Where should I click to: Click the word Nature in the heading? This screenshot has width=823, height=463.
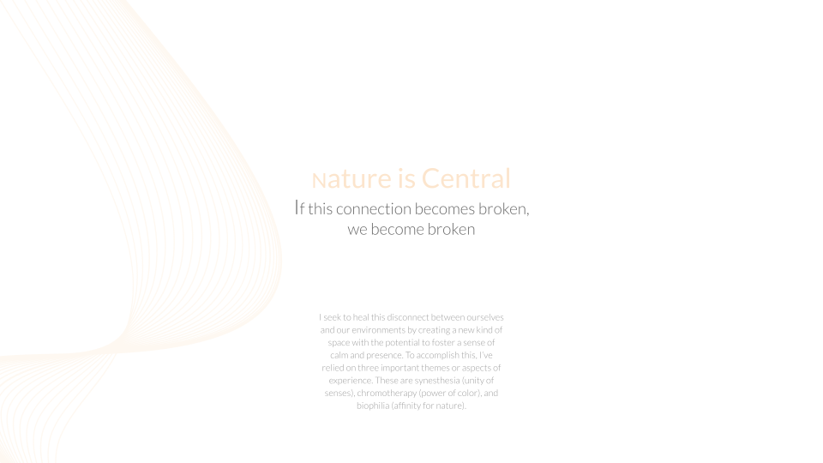coord(351,179)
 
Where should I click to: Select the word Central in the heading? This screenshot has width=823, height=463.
coord(466,178)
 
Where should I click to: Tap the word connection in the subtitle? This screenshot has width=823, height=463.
coord(374,209)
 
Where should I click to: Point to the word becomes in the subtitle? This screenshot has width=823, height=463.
coord(445,209)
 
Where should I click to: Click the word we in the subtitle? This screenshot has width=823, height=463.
coord(357,230)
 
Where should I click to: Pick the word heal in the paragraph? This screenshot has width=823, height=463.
coord(361,317)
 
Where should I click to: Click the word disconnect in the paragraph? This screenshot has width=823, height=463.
coord(408,317)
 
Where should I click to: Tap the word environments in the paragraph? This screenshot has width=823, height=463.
coord(378,329)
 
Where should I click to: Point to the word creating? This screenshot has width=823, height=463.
coord(434,330)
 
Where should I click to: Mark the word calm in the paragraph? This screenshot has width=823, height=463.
coord(339,355)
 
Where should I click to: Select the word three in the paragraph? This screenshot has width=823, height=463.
coord(368,368)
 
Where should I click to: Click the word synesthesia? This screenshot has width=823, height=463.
coord(437,381)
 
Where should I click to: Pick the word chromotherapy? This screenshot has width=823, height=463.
coord(387,394)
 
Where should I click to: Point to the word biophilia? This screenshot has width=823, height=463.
coord(373,406)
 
